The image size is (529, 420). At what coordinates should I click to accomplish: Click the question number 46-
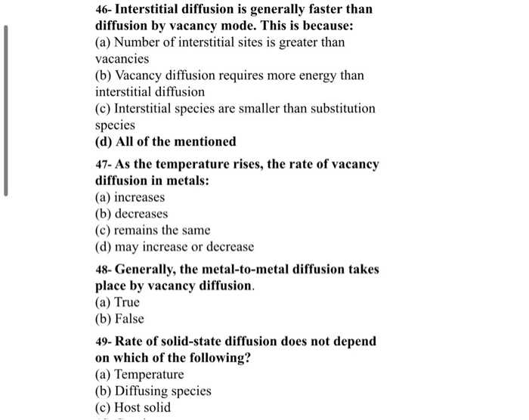pyautogui.click(x=104, y=10)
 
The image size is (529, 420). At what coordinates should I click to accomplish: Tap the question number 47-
pyautogui.click(x=104, y=165)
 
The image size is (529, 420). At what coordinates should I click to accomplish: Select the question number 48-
pyautogui.click(x=104, y=270)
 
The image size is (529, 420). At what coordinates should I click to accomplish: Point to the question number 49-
pyautogui.click(x=104, y=341)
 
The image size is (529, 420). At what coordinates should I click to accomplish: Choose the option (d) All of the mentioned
pyautogui.click(x=166, y=141)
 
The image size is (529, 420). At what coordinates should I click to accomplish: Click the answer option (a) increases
pyautogui.click(x=129, y=197)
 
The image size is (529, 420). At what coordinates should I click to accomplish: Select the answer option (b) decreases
pyautogui.click(x=131, y=214)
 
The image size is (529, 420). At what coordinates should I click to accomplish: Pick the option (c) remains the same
pyautogui.click(x=153, y=230)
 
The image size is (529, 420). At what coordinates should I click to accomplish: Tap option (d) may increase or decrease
pyautogui.click(x=175, y=247)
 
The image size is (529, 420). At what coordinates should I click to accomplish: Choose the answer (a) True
pyautogui.click(x=117, y=302)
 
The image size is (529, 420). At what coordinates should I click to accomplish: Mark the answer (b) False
pyautogui.click(x=119, y=319)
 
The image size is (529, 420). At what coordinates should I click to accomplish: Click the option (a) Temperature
pyautogui.click(x=139, y=375)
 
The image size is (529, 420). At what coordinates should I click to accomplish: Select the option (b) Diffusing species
pyautogui.click(x=153, y=391)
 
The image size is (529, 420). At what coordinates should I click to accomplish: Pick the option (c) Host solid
pyautogui.click(x=133, y=408)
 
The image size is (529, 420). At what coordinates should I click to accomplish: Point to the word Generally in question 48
pyautogui.click(x=147, y=270)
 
